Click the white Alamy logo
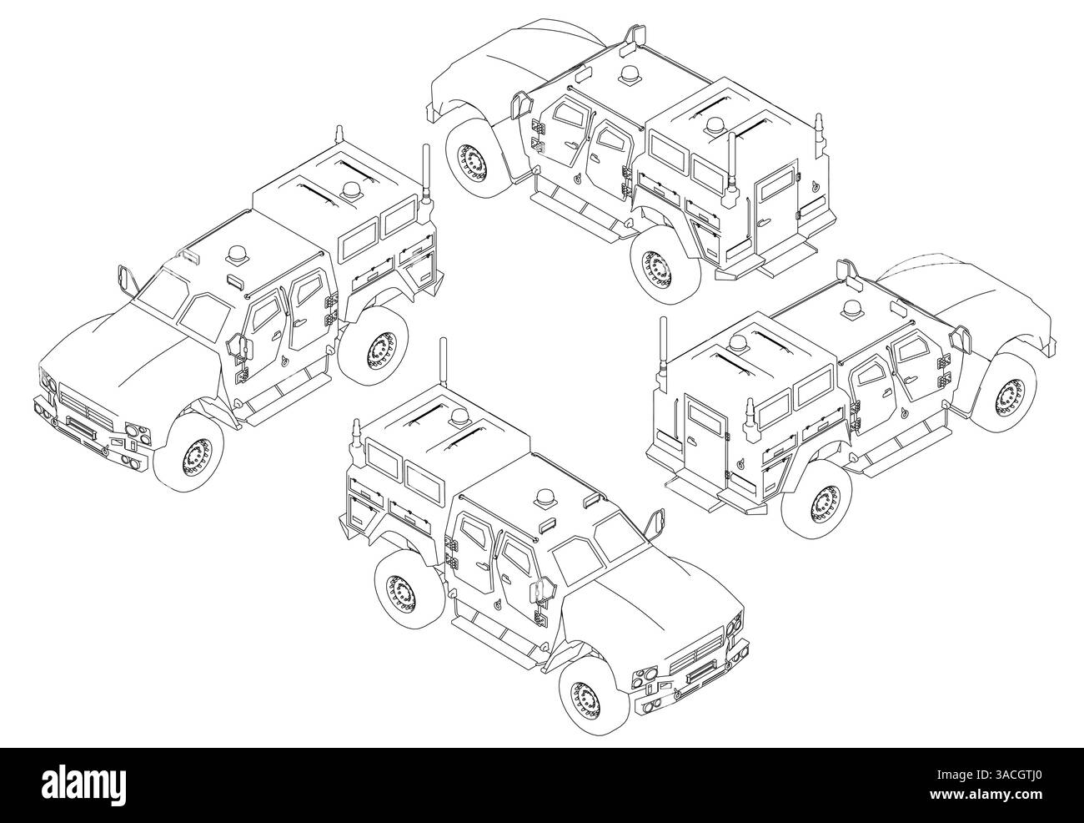84,786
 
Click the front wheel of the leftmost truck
189,452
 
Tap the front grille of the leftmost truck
86,406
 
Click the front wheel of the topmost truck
479,159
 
